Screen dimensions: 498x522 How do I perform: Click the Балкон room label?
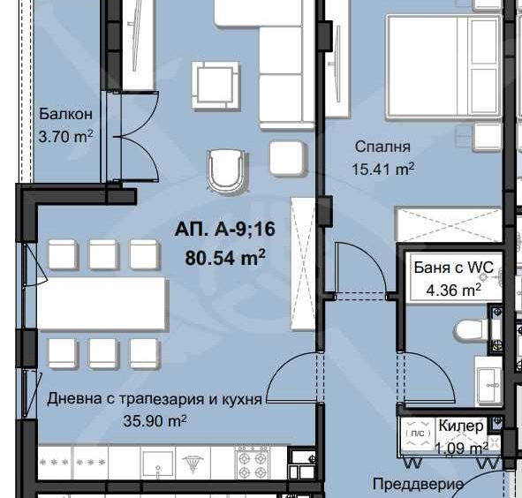tap(66, 115)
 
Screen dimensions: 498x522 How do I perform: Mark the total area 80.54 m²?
tap(225, 258)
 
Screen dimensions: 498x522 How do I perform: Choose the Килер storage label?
tap(461, 426)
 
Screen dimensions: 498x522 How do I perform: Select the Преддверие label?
tap(418, 484)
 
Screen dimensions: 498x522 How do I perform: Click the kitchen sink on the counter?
tap(155, 462)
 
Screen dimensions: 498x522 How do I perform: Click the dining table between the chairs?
tap(102, 303)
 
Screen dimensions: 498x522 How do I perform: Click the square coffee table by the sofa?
tap(216, 86)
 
